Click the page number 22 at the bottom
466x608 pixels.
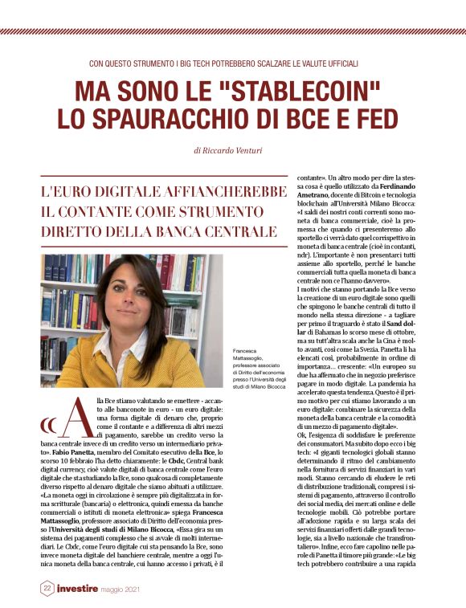[47, 589]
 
